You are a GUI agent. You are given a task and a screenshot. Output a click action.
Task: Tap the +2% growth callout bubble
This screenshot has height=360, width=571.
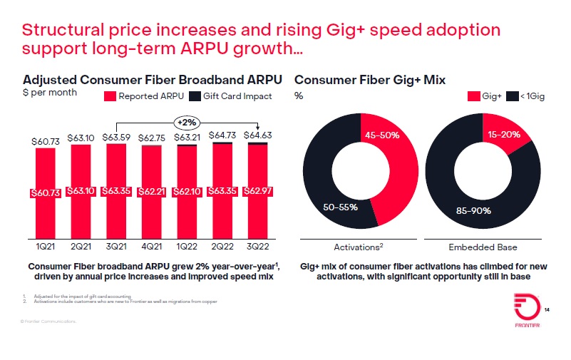tap(187, 122)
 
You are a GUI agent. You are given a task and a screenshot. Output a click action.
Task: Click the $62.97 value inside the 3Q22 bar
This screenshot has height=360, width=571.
tap(259, 191)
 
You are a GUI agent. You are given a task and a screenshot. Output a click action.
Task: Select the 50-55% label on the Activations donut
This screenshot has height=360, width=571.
tap(339, 207)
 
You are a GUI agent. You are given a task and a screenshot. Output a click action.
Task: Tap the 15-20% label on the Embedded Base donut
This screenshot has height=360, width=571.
tap(504, 135)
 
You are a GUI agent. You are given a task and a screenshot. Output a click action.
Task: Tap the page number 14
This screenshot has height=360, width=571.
tap(547, 310)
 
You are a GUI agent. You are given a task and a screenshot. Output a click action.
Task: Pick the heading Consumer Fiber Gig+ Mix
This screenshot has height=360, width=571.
tap(370, 80)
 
